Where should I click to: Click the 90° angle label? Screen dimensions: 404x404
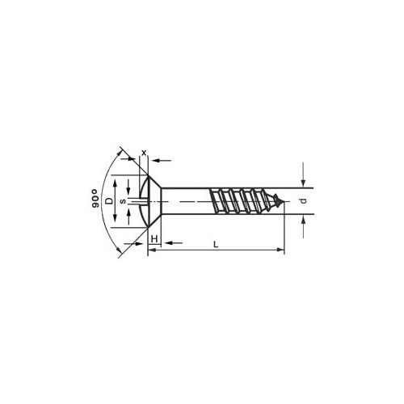(95, 199)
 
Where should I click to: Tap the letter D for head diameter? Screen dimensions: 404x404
(108, 201)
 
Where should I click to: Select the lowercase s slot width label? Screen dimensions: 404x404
(123, 201)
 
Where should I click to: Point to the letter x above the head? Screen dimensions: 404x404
(144, 153)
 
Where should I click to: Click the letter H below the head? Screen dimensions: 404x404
(154, 238)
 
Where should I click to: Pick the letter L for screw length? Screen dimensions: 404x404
(216, 244)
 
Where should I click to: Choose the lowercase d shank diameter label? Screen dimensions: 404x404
(304, 201)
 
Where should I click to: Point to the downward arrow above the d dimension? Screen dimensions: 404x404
(303, 175)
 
